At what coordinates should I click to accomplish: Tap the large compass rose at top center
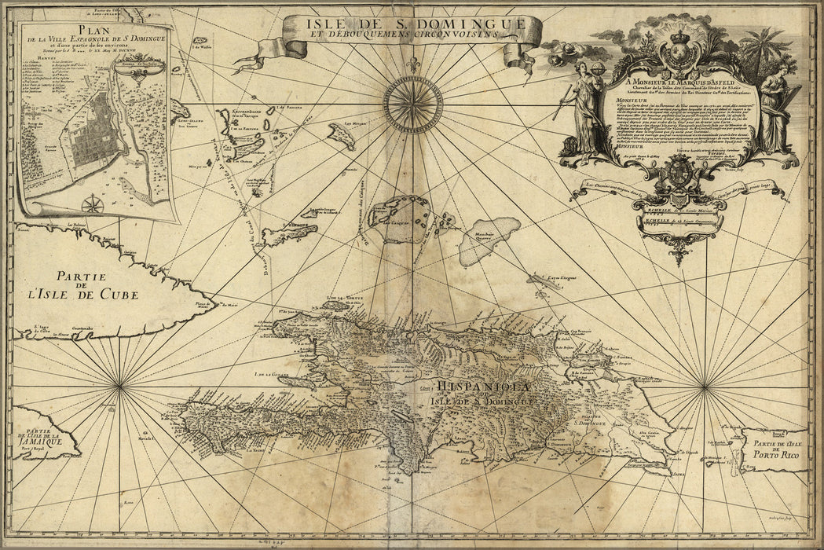coord(413,104)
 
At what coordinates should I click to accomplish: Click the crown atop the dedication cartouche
coord(680,38)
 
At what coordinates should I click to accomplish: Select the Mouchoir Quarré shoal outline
coord(489,238)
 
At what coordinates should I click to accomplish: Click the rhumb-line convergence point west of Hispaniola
coord(119,385)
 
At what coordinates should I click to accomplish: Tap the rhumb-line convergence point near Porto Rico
coord(705,386)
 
